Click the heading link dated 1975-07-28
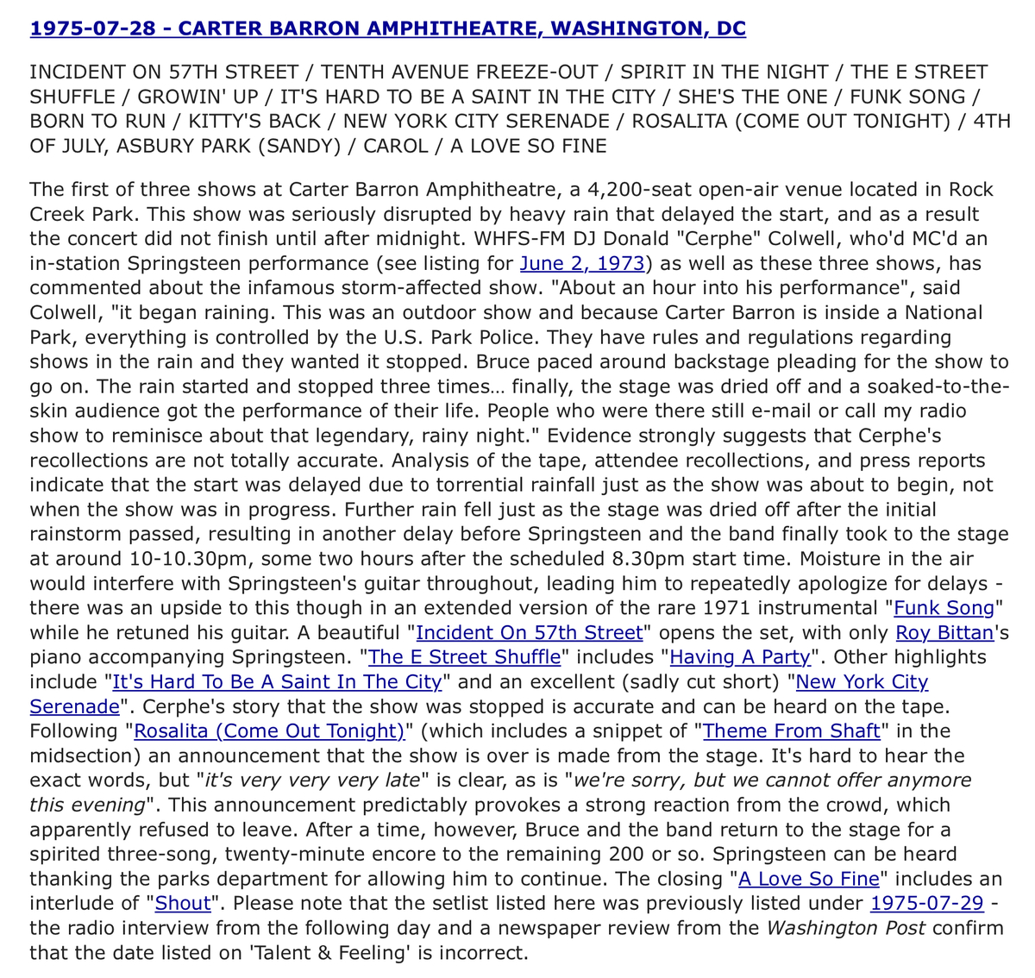387,29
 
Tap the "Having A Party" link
740,657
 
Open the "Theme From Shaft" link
791,731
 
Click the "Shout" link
183,903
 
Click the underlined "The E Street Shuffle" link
464,657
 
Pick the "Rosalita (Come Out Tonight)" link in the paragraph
269,731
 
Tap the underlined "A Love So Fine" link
808,879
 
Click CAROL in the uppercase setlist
395,146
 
